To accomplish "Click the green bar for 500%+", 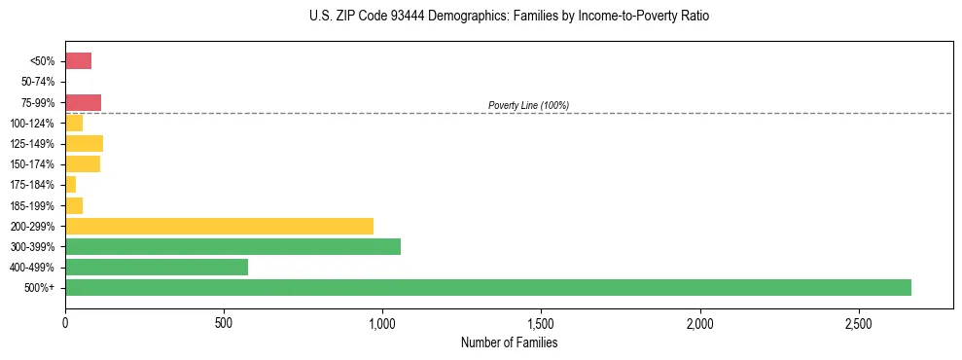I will click(x=487, y=287).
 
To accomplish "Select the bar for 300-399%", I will click(x=232, y=246).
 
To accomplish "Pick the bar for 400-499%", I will click(x=157, y=267).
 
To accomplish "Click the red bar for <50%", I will click(x=78, y=61).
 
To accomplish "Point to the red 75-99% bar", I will click(x=83, y=102).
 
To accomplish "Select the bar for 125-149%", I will click(x=84, y=144).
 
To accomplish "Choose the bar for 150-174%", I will click(x=83, y=164).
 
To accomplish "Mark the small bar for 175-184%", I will click(x=70, y=185).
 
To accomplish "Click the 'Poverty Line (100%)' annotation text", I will click(x=528, y=105).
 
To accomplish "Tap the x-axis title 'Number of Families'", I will click(x=509, y=342).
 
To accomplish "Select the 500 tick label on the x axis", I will click(x=224, y=323).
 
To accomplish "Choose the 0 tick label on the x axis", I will click(x=65, y=323).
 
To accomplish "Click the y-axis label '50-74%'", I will click(x=38, y=82).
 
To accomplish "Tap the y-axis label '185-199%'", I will click(x=34, y=205).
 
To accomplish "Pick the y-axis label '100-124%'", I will click(x=34, y=124).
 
